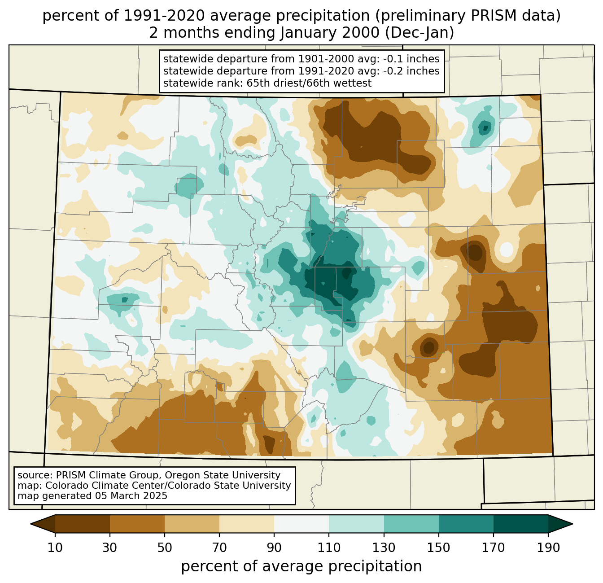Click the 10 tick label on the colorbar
point(55,548)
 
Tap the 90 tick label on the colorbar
point(274,548)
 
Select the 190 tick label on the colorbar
point(548,548)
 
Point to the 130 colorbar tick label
point(384,548)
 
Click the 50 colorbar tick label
point(165,548)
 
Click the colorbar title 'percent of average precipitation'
point(301,566)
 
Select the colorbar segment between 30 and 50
point(137,524)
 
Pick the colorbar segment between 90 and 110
point(301,524)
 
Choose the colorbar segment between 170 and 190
point(521,524)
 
